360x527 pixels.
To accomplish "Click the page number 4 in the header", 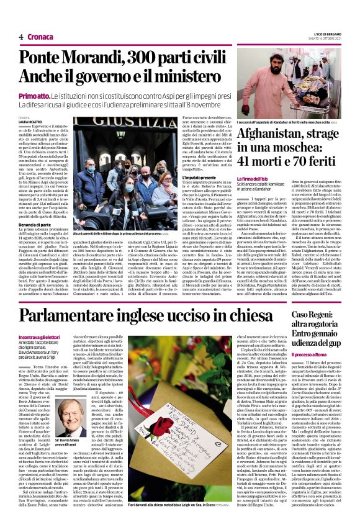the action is (20, 37).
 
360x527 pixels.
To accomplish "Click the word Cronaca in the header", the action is (41, 37).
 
